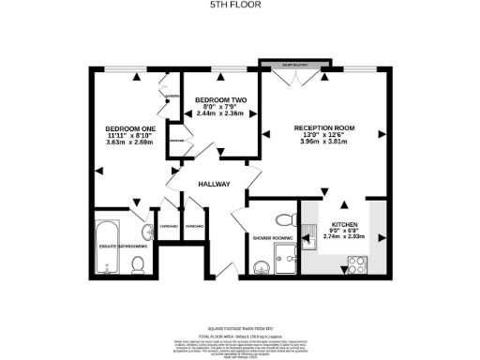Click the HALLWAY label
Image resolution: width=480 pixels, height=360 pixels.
coord(214,184)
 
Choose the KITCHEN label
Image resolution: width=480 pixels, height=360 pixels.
coord(343,225)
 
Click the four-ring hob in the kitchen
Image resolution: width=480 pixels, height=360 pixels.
coord(356,265)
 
